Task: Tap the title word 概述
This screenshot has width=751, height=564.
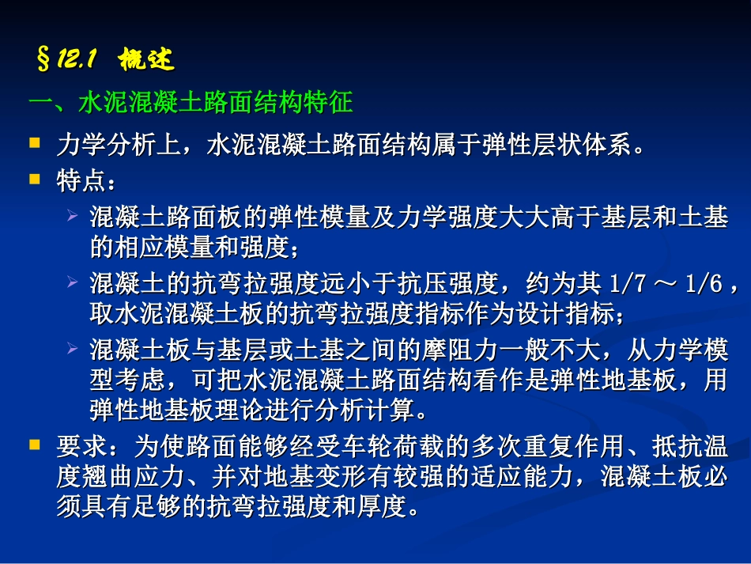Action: click(146, 59)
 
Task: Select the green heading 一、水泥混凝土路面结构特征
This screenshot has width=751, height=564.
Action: click(190, 103)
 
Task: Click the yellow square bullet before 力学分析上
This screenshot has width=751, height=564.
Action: click(34, 143)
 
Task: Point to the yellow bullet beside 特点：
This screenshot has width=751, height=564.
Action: click(34, 180)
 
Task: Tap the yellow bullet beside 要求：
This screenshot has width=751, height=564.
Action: click(34, 445)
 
